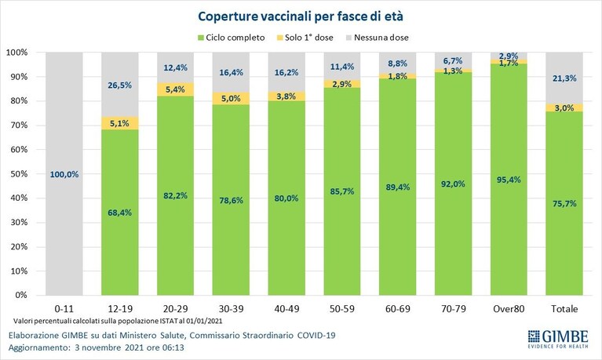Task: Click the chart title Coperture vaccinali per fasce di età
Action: coord(301,16)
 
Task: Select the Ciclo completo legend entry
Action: coord(231,38)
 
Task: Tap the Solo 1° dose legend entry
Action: coord(305,38)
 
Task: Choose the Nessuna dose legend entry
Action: coord(377,38)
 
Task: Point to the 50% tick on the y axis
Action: coord(19,174)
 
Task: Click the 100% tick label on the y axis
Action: coord(17,53)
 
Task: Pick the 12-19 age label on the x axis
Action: coord(120,308)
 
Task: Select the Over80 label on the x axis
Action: coord(509,308)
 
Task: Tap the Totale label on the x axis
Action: coord(564,308)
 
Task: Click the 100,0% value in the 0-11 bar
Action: coord(64,174)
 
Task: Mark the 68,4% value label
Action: coord(120,213)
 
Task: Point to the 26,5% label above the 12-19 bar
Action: coord(120,85)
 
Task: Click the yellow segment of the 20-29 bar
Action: coord(176,89)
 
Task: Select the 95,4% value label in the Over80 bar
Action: coord(509,180)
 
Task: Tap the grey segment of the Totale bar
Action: coord(564,78)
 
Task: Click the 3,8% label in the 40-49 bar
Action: coord(286,96)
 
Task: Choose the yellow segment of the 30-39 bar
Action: coord(231,98)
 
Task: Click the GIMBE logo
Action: coord(558,339)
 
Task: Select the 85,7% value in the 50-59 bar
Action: coord(342,191)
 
